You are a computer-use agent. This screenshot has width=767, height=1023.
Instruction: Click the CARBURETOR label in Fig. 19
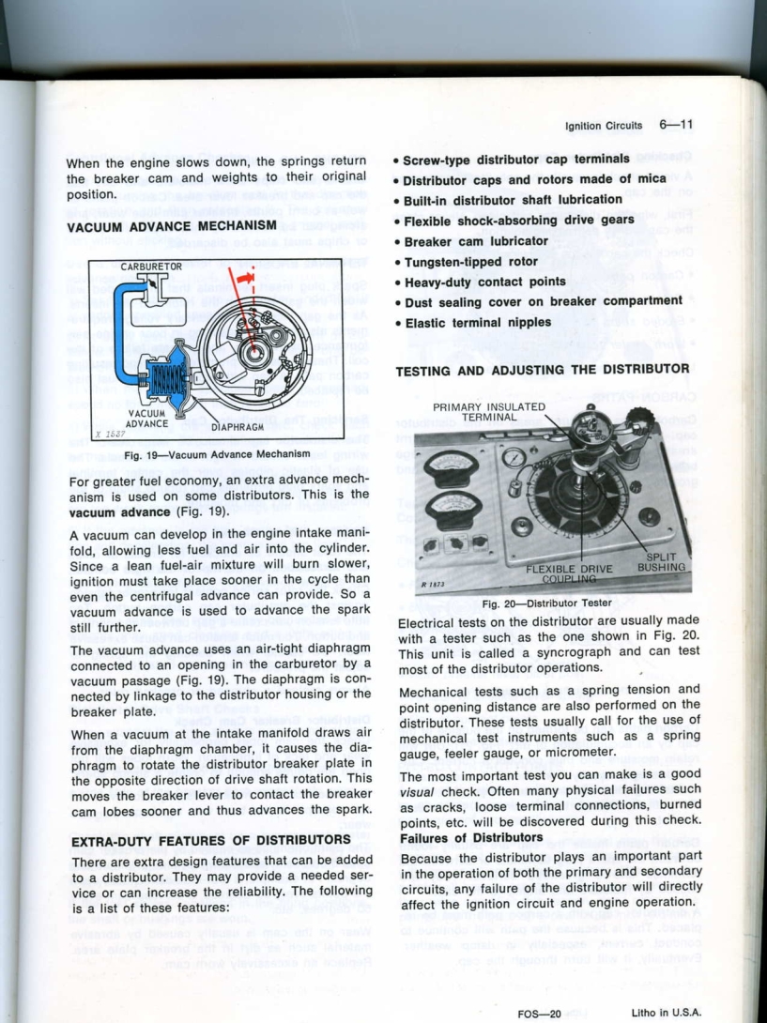point(149,267)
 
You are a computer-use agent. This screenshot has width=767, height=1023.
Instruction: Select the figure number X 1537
point(114,435)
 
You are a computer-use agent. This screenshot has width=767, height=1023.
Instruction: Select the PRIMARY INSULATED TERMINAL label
point(489,412)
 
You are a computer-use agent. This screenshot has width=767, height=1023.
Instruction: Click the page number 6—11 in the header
point(676,124)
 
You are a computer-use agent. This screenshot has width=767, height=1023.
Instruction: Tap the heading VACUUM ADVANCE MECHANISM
point(171,225)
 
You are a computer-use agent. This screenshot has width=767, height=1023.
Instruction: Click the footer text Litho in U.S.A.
point(666,1012)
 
